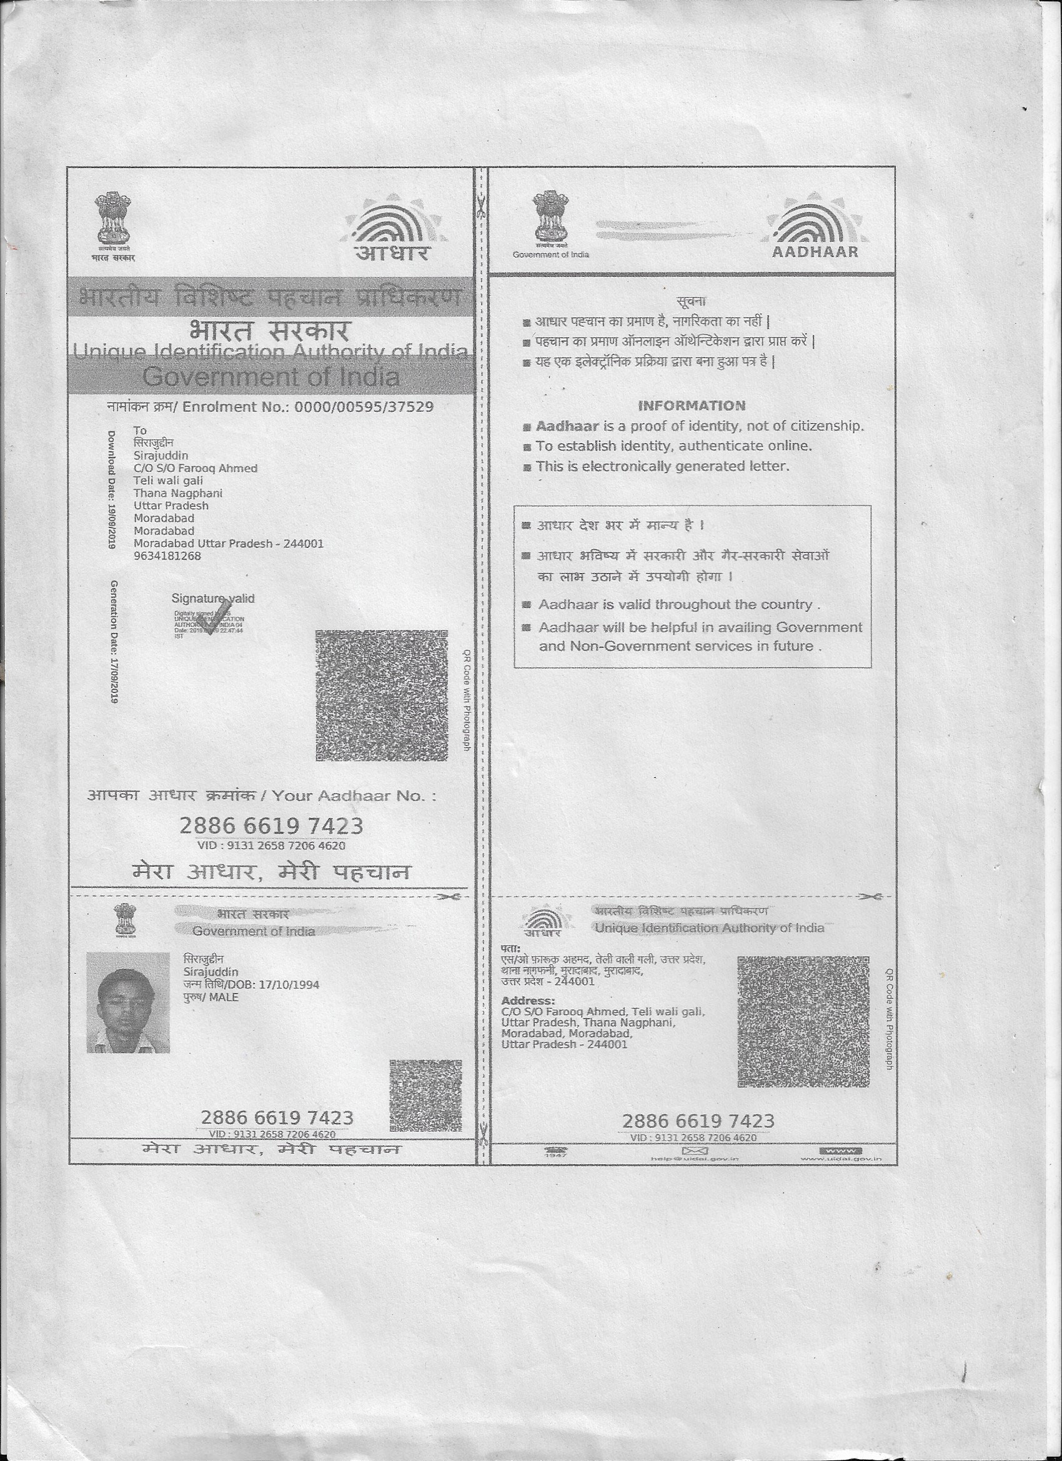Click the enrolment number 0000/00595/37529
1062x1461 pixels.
pos(364,406)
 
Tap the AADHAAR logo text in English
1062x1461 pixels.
pos(815,252)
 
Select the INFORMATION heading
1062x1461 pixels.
pos(692,406)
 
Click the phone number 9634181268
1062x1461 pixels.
pos(167,556)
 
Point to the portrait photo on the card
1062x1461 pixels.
pos(128,1002)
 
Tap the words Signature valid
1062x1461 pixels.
pos(212,599)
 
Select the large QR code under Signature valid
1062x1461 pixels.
pos(381,696)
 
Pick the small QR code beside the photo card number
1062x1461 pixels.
pos(425,1096)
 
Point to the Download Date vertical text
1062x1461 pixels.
pos(111,489)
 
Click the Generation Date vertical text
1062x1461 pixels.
pos(113,641)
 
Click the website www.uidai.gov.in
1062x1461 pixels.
pos(840,1159)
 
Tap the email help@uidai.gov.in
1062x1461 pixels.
pos(694,1159)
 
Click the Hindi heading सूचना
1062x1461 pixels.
pos(692,301)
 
